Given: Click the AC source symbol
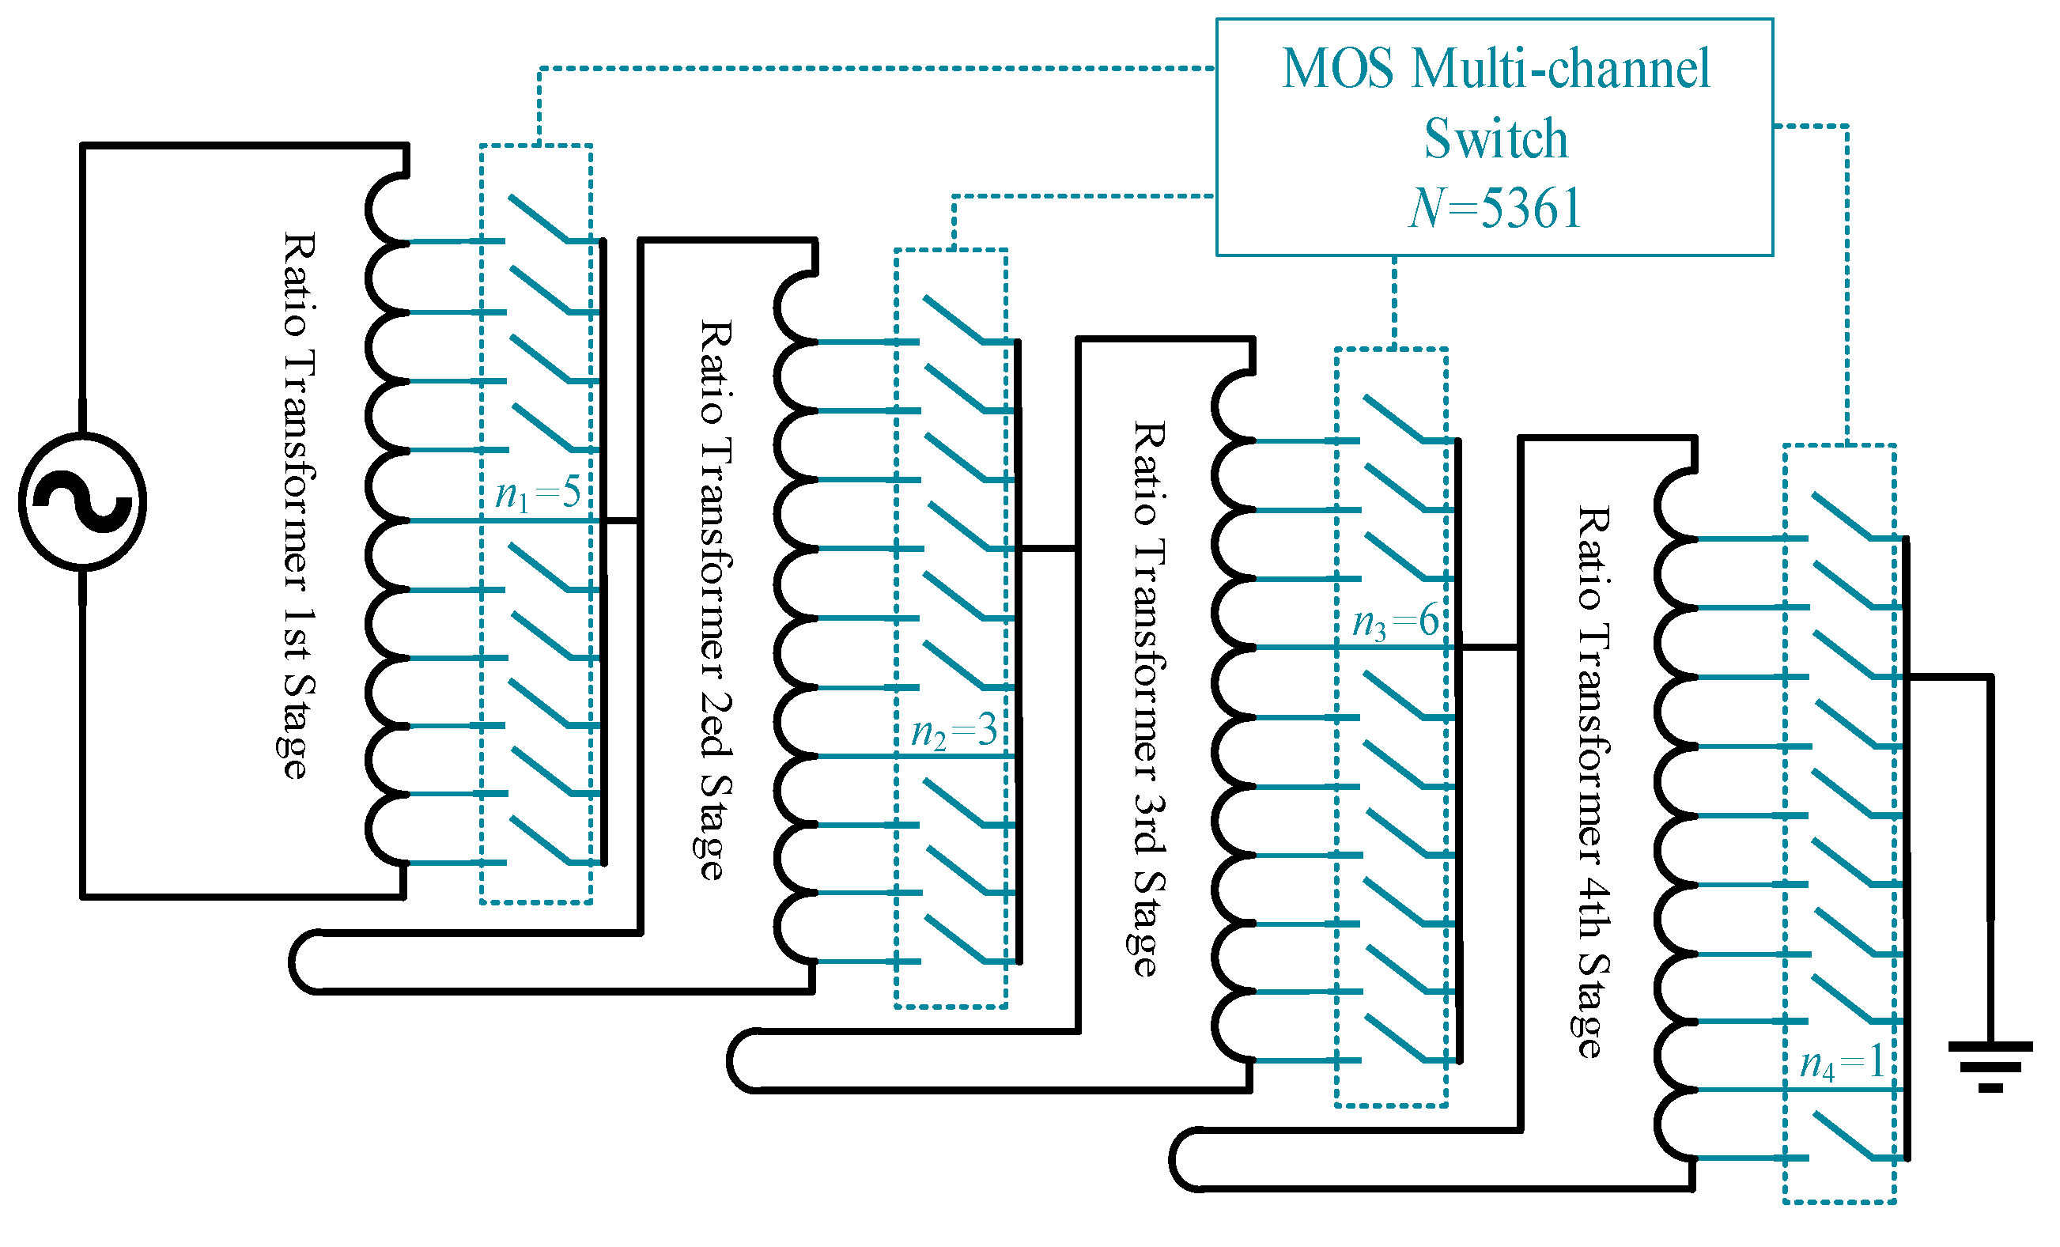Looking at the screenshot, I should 82,501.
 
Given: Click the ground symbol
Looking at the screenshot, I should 1990,1066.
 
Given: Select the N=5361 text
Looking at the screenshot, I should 1495,208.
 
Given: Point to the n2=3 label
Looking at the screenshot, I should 953,731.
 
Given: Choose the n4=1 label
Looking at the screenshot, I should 1842,1063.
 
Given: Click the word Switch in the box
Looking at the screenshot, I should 1495,138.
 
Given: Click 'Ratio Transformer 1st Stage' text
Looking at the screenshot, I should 297,504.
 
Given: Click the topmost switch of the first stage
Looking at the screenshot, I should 539,218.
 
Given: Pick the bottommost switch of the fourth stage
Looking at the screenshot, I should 1843,1135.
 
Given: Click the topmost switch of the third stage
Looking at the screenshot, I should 1393,417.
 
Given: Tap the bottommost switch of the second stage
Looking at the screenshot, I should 955,939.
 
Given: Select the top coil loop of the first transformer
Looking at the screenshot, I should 386,208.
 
